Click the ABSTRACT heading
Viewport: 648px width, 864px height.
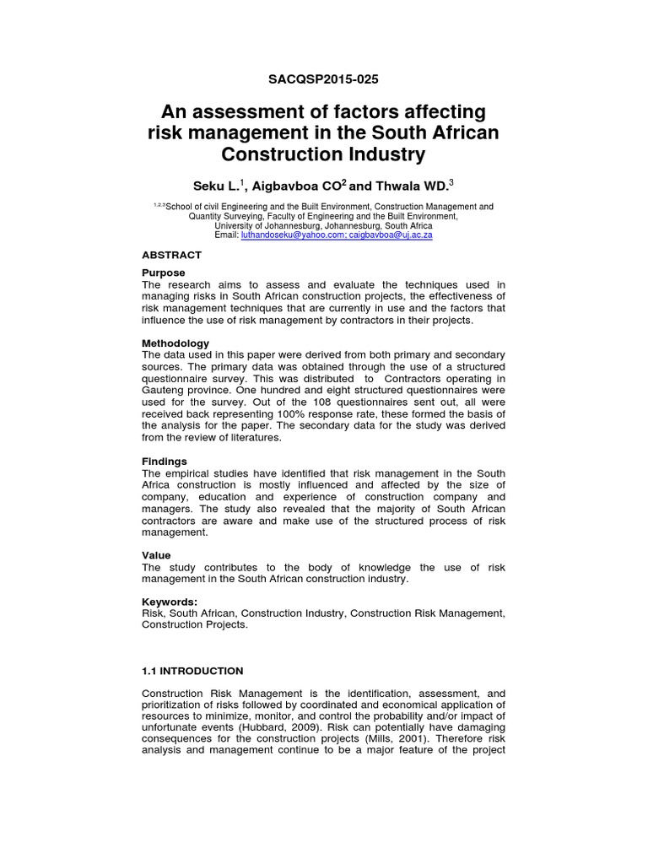172,255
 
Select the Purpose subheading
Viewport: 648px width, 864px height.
164,273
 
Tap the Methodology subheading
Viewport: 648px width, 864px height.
175,343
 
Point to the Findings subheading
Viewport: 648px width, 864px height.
165,462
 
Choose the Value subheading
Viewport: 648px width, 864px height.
156,555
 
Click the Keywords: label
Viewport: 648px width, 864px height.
170,602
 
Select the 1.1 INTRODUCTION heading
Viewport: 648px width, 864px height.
192,671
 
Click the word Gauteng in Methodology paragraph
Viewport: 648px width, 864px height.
162,391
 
